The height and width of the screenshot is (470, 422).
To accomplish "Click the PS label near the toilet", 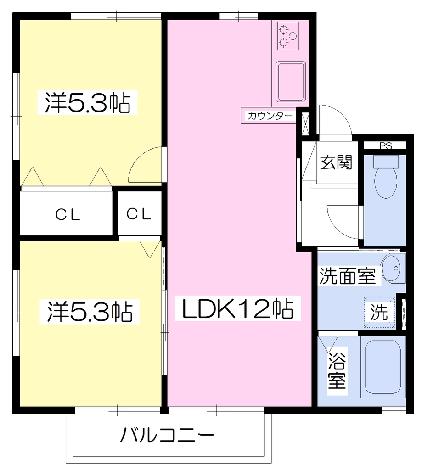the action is pos(385,146).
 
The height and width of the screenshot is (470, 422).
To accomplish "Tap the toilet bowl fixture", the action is pos(386,176).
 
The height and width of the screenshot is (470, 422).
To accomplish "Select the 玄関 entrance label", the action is pos(336,162).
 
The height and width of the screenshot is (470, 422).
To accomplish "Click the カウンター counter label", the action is pos(270,116).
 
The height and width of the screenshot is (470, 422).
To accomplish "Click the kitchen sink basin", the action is pos(291,82).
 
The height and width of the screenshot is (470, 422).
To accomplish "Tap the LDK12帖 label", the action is pos(238,309).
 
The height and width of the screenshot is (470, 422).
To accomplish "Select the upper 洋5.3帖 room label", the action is pos(87,102).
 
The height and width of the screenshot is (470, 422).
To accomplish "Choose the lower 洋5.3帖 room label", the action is pos(90,312).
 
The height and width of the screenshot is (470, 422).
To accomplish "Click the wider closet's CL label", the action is pos(68,215).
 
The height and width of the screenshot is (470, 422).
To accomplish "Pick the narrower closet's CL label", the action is pos(139,214).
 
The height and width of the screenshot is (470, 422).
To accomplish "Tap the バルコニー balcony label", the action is pos(167,435).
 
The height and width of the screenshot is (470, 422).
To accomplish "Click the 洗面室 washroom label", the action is pos(347,276).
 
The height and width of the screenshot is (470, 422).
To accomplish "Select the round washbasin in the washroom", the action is pos(393,268).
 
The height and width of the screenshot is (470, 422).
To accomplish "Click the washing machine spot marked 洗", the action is pos(379,312).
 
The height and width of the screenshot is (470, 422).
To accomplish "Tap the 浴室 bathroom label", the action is pos(337,371).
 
